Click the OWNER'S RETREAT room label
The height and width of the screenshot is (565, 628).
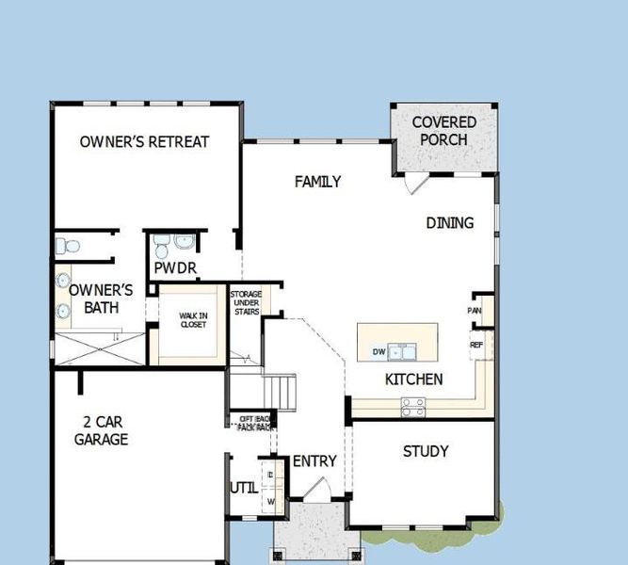144,142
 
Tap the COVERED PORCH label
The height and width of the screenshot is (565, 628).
443,131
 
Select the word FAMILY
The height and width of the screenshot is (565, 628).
317,182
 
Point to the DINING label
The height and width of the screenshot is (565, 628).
449,223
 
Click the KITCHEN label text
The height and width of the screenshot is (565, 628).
413,379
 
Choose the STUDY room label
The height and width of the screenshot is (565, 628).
426,452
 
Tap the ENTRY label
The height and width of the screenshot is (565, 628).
314,461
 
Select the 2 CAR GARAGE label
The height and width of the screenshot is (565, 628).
101,431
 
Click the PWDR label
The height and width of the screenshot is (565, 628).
175,269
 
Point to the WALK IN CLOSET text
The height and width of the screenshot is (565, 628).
193,320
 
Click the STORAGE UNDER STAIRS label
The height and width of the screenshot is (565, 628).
246,303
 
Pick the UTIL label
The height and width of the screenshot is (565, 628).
242,488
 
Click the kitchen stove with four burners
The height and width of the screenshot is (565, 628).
412,407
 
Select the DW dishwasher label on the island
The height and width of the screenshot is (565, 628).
379,352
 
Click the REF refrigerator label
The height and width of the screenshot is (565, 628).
476,346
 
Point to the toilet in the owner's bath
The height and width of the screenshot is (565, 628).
64,247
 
